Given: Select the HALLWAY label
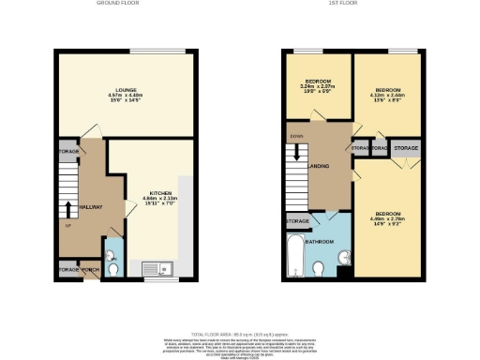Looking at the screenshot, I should coord(90,206).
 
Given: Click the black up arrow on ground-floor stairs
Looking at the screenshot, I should coord(68,206).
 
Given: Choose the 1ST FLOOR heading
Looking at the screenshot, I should coord(352,4).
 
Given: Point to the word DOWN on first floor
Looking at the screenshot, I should coord(296,137).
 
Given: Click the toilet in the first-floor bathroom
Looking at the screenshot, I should coord(320,269).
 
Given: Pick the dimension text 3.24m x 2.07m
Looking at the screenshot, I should coord(317,85).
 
